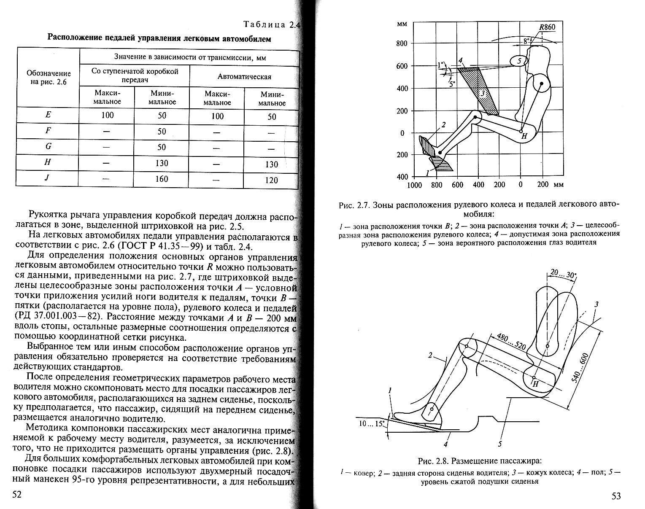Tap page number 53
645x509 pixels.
coord(616,496)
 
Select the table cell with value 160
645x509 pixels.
coord(162,179)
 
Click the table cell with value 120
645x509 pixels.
coord(272,180)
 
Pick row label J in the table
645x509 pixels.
coord(47,178)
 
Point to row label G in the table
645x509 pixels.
coord(48,146)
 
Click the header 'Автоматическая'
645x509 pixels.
coord(244,77)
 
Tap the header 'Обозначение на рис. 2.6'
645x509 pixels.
coord(48,78)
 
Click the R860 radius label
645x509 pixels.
coord(547,27)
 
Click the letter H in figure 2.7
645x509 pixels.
coord(524,136)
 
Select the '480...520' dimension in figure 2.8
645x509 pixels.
coord(511,342)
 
